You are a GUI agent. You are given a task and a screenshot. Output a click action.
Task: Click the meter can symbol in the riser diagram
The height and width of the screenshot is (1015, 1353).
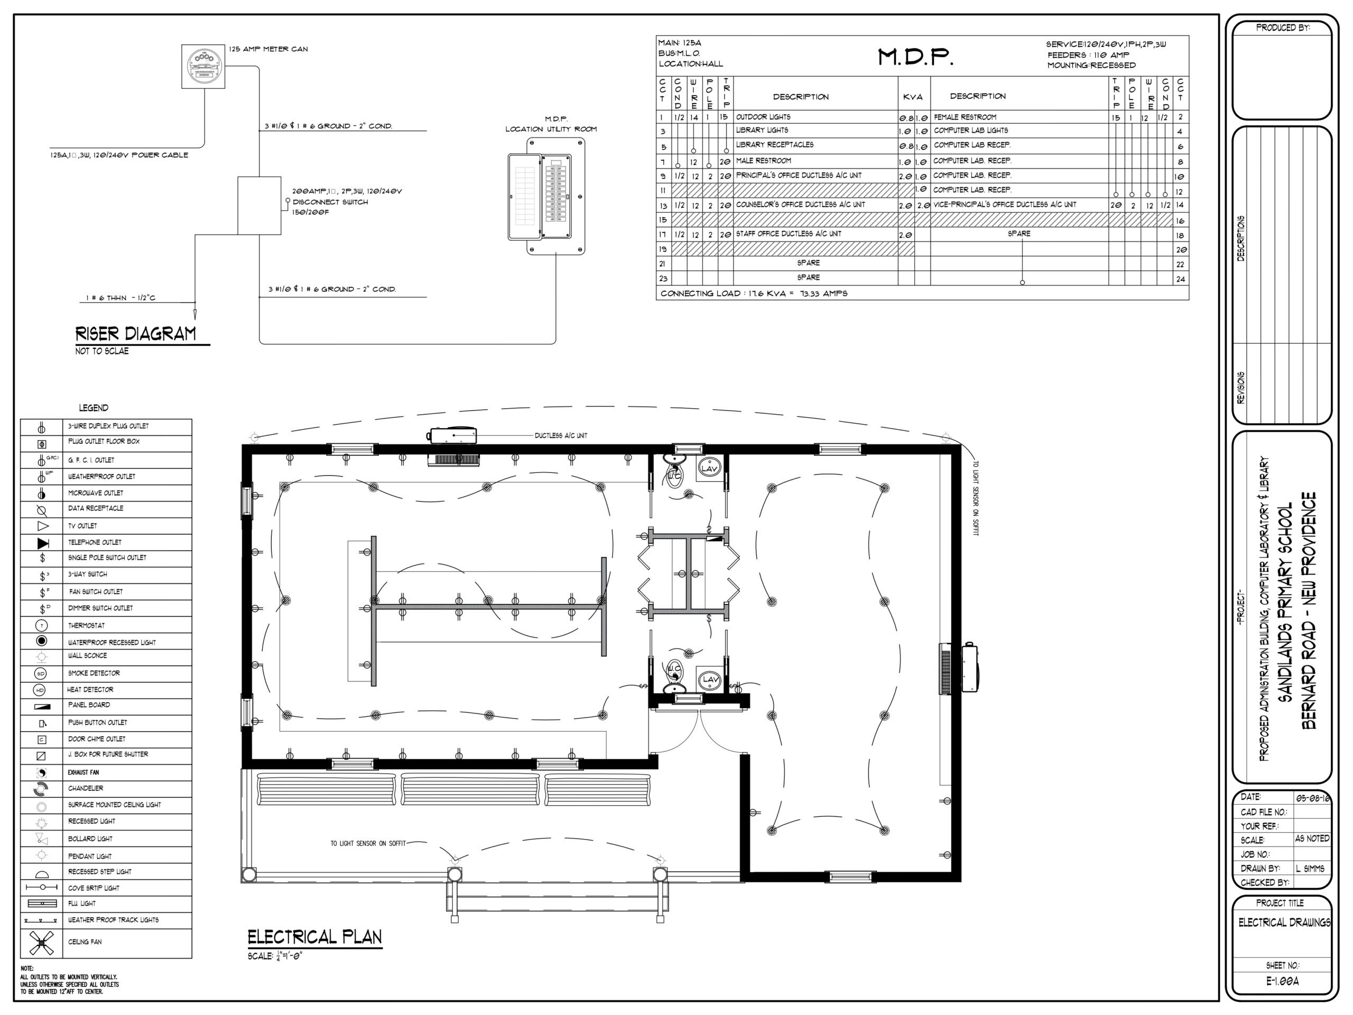[x=203, y=67]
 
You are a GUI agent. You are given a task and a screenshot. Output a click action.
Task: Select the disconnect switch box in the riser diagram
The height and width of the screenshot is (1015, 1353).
[x=260, y=206]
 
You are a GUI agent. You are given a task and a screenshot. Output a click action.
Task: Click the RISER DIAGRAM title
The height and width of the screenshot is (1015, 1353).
[x=136, y=334]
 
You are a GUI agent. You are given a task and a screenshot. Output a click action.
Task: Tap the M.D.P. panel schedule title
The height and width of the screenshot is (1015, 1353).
[x=916, y=57]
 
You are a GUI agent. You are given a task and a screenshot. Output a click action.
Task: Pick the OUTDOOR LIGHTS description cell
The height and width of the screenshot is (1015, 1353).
[x=763, y=117]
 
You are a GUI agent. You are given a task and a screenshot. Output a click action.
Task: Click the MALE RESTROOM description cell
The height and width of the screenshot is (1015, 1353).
[x=763, y=161]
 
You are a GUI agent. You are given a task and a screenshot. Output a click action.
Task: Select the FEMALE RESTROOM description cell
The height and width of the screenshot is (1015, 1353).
[x=965, y=117]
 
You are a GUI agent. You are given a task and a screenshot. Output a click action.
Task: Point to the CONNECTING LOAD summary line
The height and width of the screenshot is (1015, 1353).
[x=754, y=294]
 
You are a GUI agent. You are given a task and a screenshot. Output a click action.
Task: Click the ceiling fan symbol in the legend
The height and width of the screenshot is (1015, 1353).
[x=42, y=943]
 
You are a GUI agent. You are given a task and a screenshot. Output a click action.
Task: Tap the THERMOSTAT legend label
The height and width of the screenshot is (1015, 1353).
[x=86, y=625]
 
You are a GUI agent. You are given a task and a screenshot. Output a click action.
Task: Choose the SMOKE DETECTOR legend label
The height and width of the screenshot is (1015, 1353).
[x=94, y=673]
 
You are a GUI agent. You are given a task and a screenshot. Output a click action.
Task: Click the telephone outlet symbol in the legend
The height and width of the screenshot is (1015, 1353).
[x=43, y=543]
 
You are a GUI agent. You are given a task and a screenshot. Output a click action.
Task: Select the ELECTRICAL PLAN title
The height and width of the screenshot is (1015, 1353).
[x=314, y=937]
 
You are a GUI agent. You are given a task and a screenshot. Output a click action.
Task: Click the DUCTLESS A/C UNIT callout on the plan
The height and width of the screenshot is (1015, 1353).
[x=560, y=436]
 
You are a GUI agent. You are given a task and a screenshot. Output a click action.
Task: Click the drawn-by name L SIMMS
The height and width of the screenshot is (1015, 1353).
[x=1310, y=869]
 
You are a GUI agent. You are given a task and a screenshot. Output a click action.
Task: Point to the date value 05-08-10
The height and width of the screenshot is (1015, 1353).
[x=1312, y=798]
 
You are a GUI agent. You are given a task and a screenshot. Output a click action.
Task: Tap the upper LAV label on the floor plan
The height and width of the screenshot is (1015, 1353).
[x=709, y=469]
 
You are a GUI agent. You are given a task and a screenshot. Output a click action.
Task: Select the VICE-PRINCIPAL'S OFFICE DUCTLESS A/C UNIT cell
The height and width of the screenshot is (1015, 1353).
[x=1004, y=205]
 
